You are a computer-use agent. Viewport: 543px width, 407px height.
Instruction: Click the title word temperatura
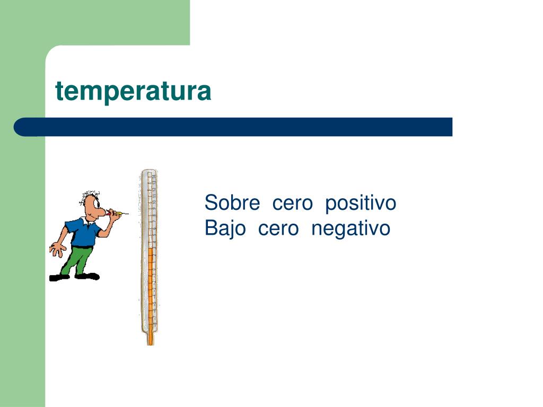click(133, 92)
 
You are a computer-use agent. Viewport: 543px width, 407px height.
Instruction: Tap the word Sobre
click(232, 202)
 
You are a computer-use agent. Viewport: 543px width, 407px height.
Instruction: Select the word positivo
click(361, 203)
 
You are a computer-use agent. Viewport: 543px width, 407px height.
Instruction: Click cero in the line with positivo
click(292, 203)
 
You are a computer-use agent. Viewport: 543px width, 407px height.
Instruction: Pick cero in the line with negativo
click(278, 229)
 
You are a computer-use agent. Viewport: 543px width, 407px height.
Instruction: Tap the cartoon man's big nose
click(101, 211)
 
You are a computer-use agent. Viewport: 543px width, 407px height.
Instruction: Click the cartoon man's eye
click(96, 202)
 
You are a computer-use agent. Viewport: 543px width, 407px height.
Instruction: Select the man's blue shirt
click(83, 232)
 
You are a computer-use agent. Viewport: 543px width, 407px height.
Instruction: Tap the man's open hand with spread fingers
click(57, 249)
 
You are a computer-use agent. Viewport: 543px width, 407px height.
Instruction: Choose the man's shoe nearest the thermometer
click(87, 276)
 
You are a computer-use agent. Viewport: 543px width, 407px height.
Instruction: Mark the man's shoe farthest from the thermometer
click(59, 278)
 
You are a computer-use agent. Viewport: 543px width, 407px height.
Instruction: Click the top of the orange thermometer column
click(150, 248)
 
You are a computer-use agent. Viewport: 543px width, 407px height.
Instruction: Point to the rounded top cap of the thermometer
click(149, 172)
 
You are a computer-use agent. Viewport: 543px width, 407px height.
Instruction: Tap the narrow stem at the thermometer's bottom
click(150, 339)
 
